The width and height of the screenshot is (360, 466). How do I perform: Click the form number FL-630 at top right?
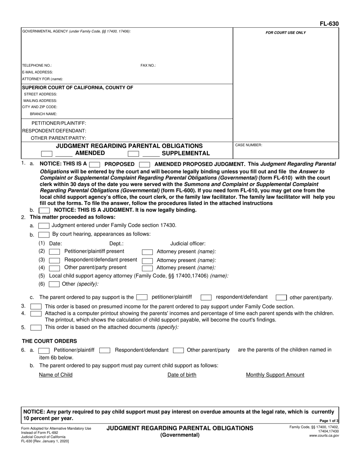(x=329, y=24)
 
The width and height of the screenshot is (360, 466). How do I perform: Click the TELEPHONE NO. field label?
(x=37, y=66)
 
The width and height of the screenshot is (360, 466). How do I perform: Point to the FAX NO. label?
(x=148, y=66)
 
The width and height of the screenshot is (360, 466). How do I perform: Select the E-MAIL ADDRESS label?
(x=38, y=72)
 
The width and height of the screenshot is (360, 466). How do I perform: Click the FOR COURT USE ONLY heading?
(x=285, y=33)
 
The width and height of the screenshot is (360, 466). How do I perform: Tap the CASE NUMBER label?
(x=249, y=145)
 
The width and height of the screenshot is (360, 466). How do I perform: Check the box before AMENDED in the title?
(x=47, y=154)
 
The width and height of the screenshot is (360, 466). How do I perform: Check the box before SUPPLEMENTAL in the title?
(x=133, y=154)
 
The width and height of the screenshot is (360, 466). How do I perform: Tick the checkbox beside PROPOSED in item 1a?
(x=94, y=164)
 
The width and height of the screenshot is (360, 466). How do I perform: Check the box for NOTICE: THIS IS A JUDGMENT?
(x=44, y=210)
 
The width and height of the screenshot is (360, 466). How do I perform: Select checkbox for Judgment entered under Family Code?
(x=44, y=226)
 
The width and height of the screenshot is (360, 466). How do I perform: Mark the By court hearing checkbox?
(x=44, y=235)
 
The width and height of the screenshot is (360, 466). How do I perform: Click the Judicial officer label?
(x=188, y=244)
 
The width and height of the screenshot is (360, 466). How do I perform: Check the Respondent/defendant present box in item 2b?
(x=55, y=260)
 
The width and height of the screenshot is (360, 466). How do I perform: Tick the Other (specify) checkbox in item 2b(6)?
(x=55, y=284)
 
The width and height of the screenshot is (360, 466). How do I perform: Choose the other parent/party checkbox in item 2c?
(x=281, y=298)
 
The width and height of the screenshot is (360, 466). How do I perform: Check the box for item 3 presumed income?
(x=36, y=306)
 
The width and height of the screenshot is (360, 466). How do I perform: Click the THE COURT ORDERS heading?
(x=49, y=341)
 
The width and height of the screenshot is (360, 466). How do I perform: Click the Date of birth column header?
(x=182, y=375)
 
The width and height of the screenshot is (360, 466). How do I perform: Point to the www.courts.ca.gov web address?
(x=324, y=436)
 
